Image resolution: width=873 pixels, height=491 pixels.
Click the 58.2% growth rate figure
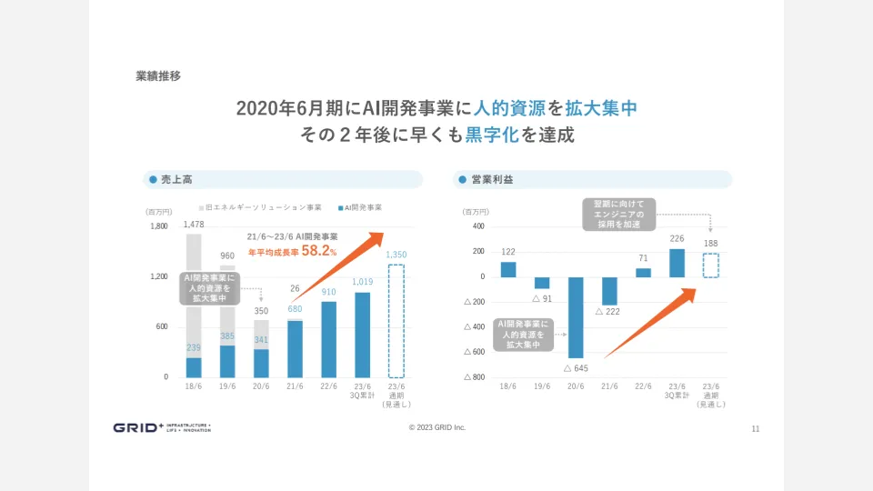[318, 251]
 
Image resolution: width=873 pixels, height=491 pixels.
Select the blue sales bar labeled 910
[328, 339]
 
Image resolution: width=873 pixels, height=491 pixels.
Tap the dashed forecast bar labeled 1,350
[396, 320]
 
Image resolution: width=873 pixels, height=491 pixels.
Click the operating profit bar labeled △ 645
[575, 317]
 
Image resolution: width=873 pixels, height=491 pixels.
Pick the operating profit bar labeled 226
[677, 263]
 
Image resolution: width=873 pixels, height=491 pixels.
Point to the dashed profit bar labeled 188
[710, 265]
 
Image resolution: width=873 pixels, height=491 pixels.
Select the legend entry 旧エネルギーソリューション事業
[264, 207]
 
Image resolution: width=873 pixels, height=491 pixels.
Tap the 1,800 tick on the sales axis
[159, 226]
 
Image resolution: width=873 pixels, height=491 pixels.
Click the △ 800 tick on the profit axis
[475, 376]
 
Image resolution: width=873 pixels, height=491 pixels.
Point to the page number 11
[756, 428]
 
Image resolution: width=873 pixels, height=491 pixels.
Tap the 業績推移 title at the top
[158, 76]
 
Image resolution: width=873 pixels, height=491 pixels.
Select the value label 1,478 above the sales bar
[194, 225]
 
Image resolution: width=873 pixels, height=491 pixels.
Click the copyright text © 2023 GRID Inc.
[436, 427]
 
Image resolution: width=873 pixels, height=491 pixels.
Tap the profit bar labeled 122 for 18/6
[508, 269]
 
